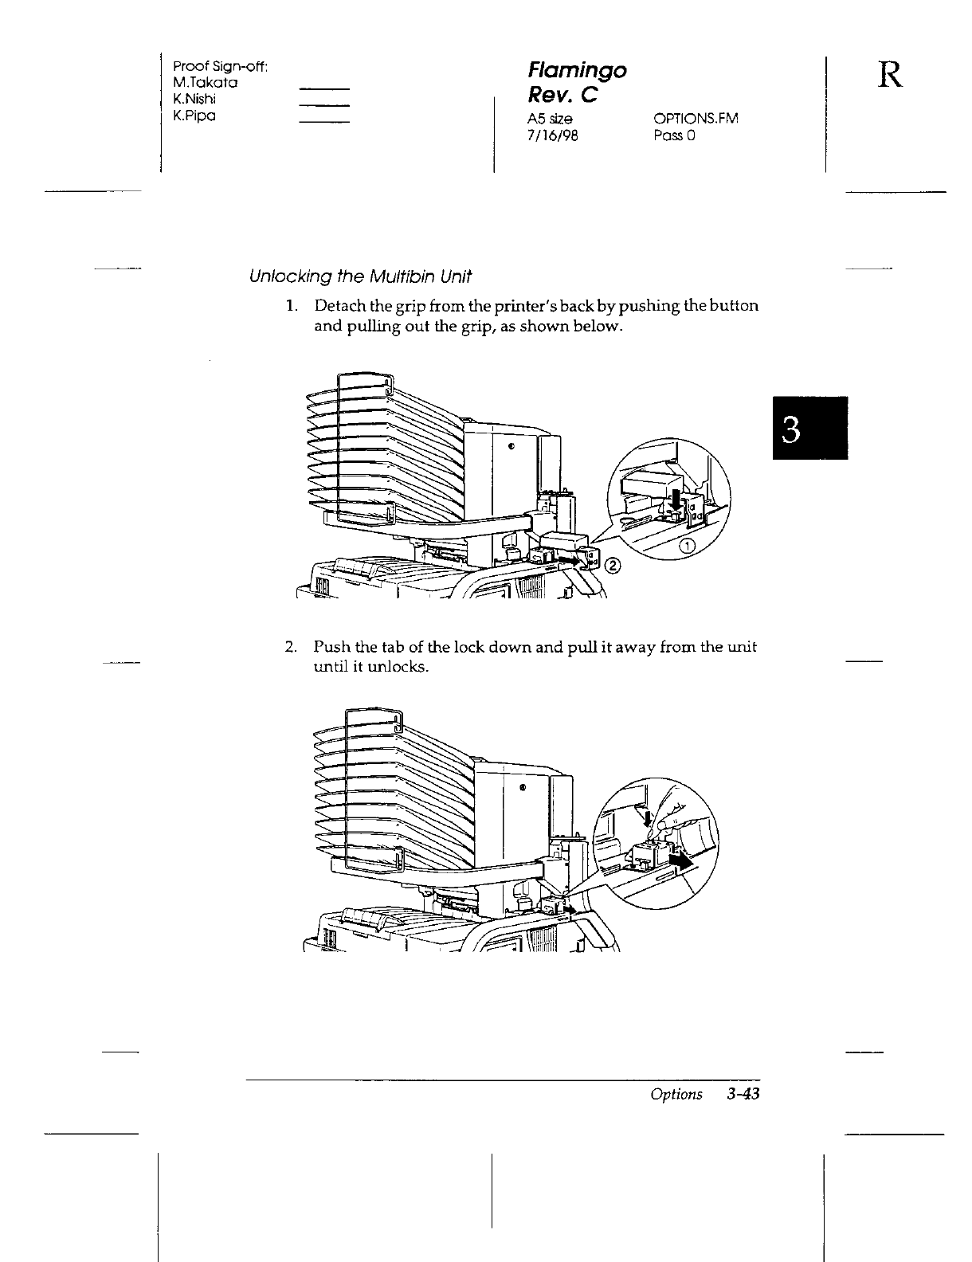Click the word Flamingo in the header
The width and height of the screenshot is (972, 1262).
point(578,71)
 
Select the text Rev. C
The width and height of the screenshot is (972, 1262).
point(562,95)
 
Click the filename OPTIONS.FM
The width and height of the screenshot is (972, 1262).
point(696,119)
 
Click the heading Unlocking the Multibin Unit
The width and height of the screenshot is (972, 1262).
point(360,277)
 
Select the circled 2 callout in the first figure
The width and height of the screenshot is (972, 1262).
point(613,566)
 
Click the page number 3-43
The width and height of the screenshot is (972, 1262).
point(743,1095)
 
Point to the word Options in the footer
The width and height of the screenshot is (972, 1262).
point(676,1095)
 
